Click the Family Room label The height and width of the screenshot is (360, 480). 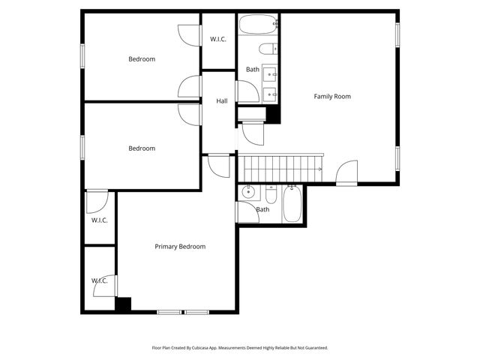(x=331, y=96)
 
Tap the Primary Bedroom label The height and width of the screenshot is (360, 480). (x=180, y=246)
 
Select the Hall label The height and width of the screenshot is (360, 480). (x=222, y=101)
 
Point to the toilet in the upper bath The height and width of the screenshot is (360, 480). (x=267, y=49)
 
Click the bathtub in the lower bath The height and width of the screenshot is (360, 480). (x=292, y=203)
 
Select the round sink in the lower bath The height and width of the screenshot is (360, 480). (x=249, y=193)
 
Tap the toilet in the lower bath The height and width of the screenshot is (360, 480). (x=271, y=199)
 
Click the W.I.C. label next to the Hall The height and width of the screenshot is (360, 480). (x=218, y=39)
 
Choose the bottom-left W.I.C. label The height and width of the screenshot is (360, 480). (x=100, y=280)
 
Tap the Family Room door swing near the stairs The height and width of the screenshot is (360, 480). (x=346, y=173)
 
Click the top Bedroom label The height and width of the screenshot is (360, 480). (x=142, y=59)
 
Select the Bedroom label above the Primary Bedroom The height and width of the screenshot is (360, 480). (x=142, y=148)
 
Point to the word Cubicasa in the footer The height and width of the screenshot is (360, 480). (x=212, y=348)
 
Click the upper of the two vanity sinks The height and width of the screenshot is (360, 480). (x=269, y=73)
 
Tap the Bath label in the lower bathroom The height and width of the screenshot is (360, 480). (x=262, y=209)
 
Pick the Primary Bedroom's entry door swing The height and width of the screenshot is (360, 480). (x=219, y=165)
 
